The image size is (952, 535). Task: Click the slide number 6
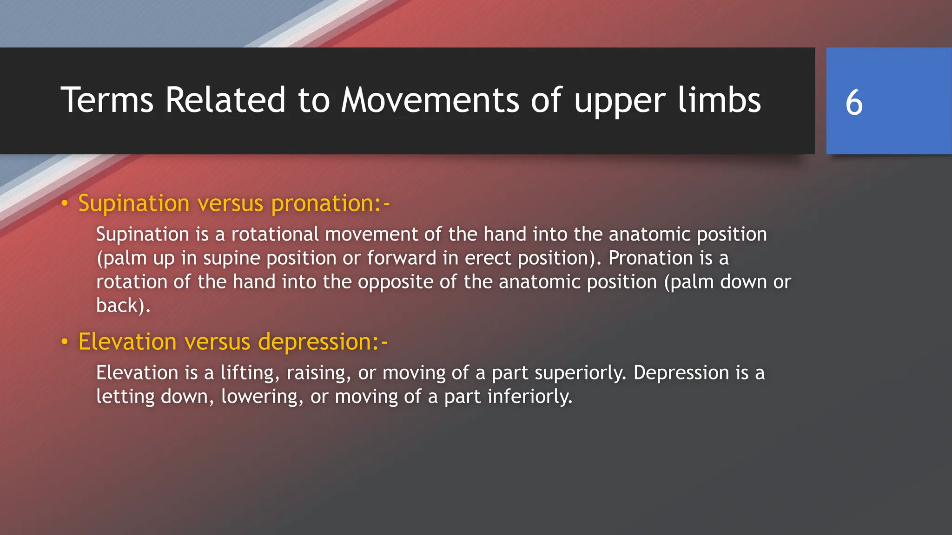coord(854,102)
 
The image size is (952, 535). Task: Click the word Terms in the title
coord(107,100)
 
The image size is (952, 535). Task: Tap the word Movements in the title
coord(430,100)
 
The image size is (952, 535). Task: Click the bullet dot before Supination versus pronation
coord(65,203)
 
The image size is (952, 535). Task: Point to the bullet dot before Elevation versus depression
coord(65,342)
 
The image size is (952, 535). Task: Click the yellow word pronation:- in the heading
coord(331,204)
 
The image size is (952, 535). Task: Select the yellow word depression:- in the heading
coord(323,342)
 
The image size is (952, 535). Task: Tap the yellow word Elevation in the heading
coord(127,342)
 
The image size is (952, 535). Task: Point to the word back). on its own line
coord(123,306)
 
